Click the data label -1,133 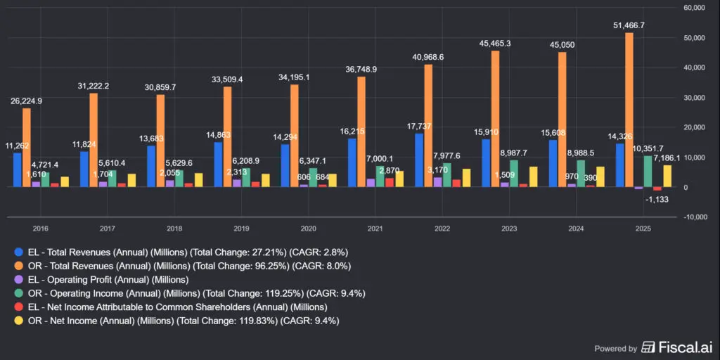[660, 200]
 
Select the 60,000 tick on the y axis [694, 8]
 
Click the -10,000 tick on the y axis [694, 217]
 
